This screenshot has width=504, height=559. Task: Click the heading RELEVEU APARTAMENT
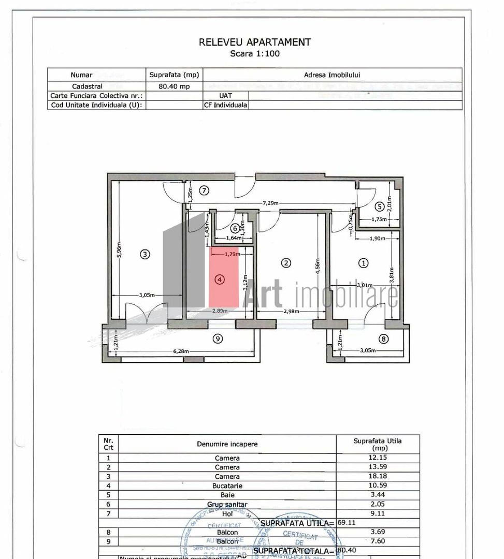click(x=254, y=42)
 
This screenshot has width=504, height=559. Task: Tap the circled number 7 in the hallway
click(x=204, y=190)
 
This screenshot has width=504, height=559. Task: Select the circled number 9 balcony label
click(x=218, y=339)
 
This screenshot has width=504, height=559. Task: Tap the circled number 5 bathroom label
click(x=380, y=207)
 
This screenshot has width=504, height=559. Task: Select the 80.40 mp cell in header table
click(x=174, y=86)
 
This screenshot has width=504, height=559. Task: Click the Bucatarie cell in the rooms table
click(x=227, y=486)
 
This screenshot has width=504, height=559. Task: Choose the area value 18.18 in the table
click(x=378, y=476)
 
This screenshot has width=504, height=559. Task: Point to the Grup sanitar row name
click(x=227, y=504)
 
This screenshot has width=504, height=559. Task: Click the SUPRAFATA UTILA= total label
click(x=298, y=523)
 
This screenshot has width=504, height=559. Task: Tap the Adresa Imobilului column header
click(x=332, y=75)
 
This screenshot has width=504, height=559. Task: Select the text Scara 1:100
click(x=254, y=53)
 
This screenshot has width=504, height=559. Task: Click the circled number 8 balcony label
click(x=383, y=339)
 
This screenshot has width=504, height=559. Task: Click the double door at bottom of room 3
click(x=147, y=313)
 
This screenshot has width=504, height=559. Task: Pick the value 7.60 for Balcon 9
click(x=378, y=541)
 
